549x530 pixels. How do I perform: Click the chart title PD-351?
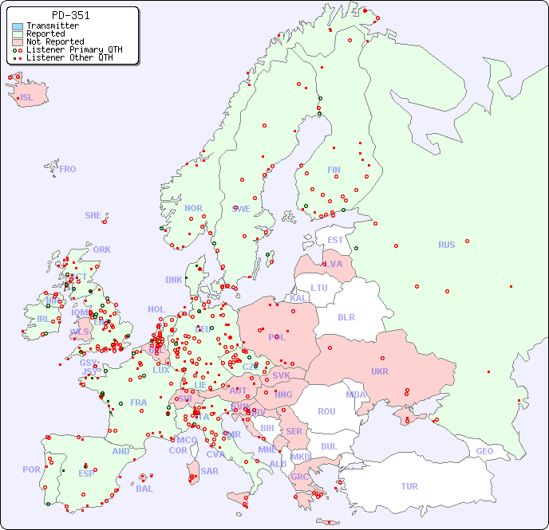[x=70, y=15]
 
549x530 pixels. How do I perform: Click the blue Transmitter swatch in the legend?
[x=18, y=26]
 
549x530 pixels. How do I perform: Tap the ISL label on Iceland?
[x=27, y=98]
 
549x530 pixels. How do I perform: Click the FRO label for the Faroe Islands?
[x=68, y=169]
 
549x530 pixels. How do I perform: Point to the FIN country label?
[x=334, y=170]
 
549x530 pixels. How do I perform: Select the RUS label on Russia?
[x=446, y=245]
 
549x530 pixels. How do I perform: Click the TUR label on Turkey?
[x=409, y=486]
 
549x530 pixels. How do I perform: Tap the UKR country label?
[x=379, y=371]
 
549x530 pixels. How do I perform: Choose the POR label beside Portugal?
[x=31, y=469]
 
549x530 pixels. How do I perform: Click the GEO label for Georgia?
[x=484, y=451]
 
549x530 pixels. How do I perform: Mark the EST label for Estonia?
[x=335, y=240]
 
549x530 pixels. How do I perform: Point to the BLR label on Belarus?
[x=346, y=316]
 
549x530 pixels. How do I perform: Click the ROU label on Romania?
[x=326, y=411]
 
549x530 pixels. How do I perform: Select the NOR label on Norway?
[x=193, y=208]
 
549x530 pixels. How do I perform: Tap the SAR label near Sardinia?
[x=209, y=470]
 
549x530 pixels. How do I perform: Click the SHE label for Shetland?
[x=93, y=215]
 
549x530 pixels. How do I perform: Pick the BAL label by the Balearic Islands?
[x=144, y=489]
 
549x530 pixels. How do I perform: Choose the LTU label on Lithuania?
[x=319, y=288]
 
